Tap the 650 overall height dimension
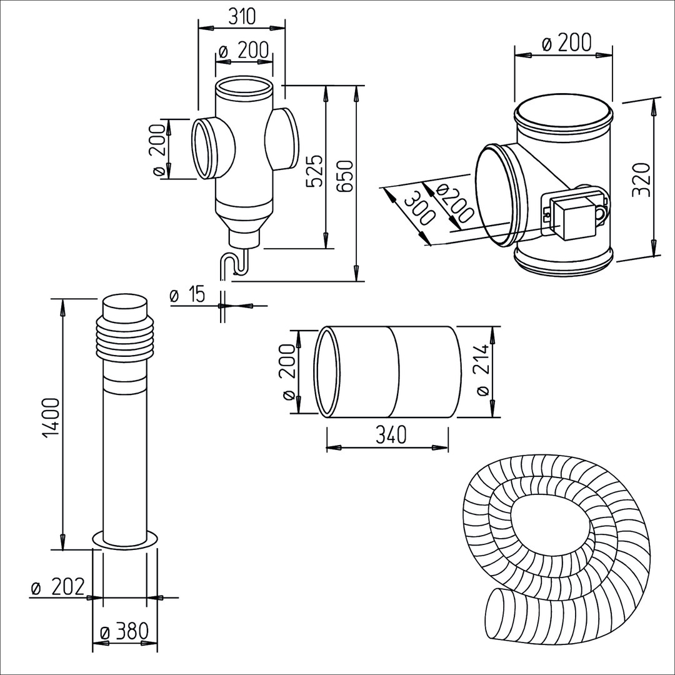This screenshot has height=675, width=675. pos(346,176)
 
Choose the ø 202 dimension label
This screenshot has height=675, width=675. pos(57,587)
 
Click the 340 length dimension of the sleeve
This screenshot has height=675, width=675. pos(387,434)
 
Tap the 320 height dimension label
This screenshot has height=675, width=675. pos(640,179)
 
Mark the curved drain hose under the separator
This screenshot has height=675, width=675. pos(233,265)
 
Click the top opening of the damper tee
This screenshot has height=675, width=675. pos(562,114)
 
